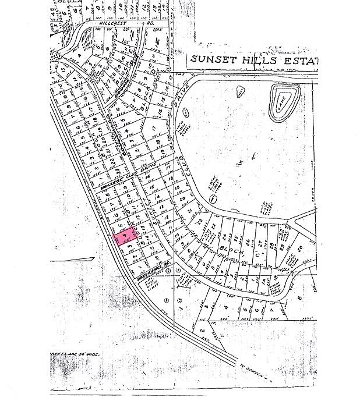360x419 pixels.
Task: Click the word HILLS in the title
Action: click(260, 60)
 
